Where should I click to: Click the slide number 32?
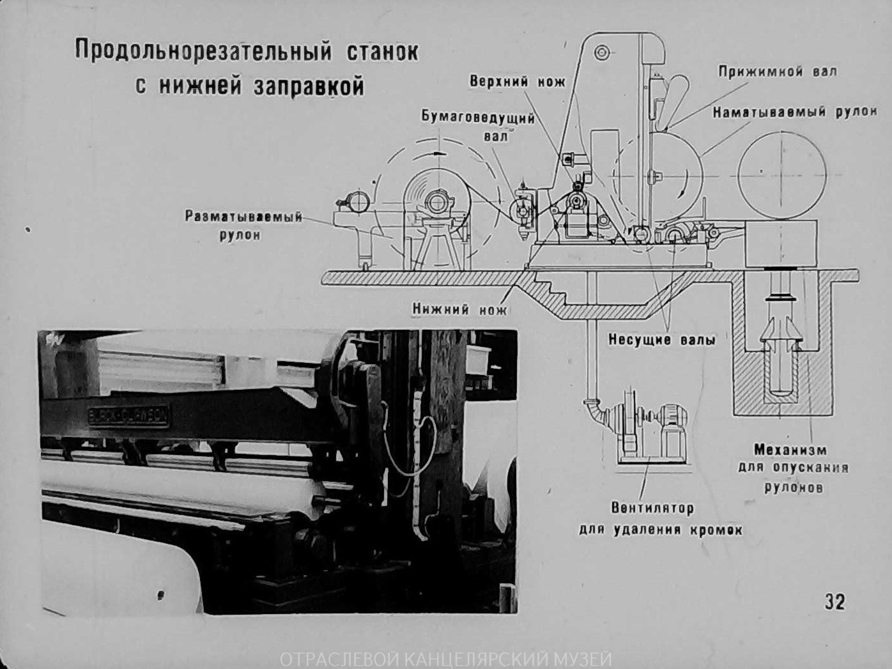[834, 601]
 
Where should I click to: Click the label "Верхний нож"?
[518, 81]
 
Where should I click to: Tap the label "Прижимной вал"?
[777, 71]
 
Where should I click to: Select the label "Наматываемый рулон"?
[794, 112]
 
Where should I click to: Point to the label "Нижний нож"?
[459, 309]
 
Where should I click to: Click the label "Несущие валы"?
[661, 340]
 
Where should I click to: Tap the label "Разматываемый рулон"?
[243, 225]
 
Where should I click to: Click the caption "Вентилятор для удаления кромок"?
[661, 519]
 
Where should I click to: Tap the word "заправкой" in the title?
[309, 86]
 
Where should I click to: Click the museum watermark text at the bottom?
[446, 658]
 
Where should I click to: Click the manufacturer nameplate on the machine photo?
[128, 417]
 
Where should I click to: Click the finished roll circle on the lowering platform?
[781, 173]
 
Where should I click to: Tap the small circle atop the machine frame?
[601, 52]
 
